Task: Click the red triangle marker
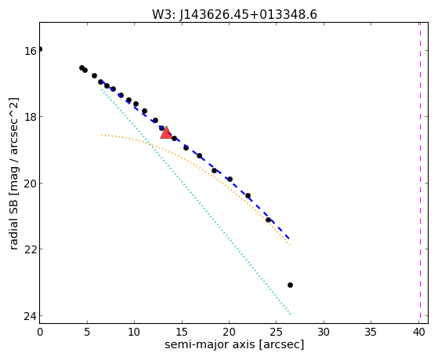click(x=166, y=133)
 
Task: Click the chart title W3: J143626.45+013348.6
click(x=234, y=15)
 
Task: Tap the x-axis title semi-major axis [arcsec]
click(x=234, y=344)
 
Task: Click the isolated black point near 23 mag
click(x=290, y=285)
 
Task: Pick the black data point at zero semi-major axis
click(x=40, y=49)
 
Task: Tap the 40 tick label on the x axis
click(x=418, y=332)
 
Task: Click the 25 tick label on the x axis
click(x=277, y=332)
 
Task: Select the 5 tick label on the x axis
click(x=87, y=332)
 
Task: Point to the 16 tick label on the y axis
click(x=31, y=51)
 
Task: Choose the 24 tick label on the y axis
click(x=31, y=316)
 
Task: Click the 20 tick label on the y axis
click(x=31, y=184)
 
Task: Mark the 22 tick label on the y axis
click(x=31, y=249)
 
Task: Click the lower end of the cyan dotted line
click(x=291, y=315)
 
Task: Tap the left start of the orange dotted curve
click(x=102, y=136)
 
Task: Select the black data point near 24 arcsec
click(x=268, y=220)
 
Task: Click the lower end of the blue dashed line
click(x=290, y=239)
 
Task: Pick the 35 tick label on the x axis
click(x=371, y=332)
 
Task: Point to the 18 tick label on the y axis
click(x=31, y=117)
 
